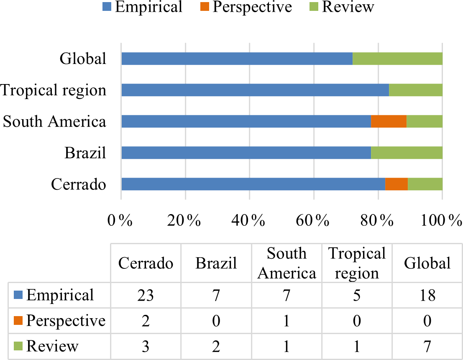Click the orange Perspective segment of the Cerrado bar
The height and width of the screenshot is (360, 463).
point(396,184)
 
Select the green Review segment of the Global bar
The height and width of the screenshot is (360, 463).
point(397,59)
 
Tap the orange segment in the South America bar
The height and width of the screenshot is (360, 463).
point(389,121)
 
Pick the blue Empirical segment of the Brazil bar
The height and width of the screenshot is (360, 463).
point(246,153)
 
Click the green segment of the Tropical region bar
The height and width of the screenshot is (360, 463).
point(415,90)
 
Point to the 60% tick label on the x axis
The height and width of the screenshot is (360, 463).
point(313,220)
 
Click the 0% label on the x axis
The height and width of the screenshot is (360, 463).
point(120,220)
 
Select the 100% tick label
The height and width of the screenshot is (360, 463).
point(441,220)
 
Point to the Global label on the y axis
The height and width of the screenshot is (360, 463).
point(83,59)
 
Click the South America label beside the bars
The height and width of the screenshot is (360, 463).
point(54,121)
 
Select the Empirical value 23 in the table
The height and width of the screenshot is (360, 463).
point(146,296)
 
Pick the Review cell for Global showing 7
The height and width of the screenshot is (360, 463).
point(427,346)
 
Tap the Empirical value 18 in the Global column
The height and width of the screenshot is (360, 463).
point(427,296)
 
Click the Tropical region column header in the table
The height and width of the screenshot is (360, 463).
point(357,263)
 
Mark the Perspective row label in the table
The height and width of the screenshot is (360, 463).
point(66,321)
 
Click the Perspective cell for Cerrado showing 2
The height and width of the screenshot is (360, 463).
point(146,321)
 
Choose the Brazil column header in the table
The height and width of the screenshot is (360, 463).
point(216,263)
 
